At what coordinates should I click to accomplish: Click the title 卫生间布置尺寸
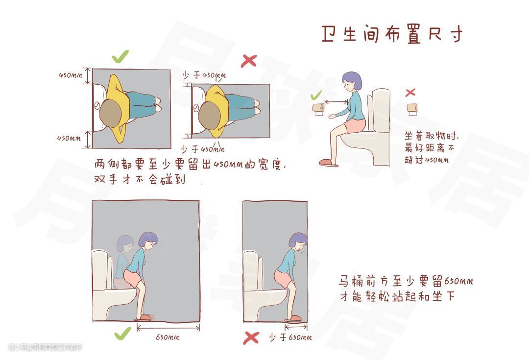(x=391, y=34)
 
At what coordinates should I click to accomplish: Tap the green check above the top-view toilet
(x=120, y=56)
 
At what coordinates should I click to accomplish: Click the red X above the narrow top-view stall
(x=249, y=61)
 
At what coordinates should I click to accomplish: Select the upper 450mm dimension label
(x=70, y=75)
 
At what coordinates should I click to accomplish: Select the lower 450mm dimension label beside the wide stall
(x=69, y=138)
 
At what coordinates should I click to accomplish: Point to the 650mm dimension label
(x=168, y=337)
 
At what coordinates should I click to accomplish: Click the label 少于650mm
(x=290, y=337)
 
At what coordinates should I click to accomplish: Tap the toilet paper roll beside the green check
(x=318, y=108)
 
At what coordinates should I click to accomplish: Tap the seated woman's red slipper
(x=328, y=163)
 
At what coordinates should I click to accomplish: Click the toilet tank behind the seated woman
(x=381, y=110)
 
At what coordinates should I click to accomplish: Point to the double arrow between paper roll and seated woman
(x=336, y=101)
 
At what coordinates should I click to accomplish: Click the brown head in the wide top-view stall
(x=111, y=113)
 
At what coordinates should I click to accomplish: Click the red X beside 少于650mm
(x=251, y=338)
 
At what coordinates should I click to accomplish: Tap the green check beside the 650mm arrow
(x=122, y=334)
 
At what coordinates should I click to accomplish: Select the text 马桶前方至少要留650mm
(x=406, y=281)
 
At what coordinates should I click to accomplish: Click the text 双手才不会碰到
(x=139, y=179)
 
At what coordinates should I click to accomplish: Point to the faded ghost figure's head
(x=125, y=243)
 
